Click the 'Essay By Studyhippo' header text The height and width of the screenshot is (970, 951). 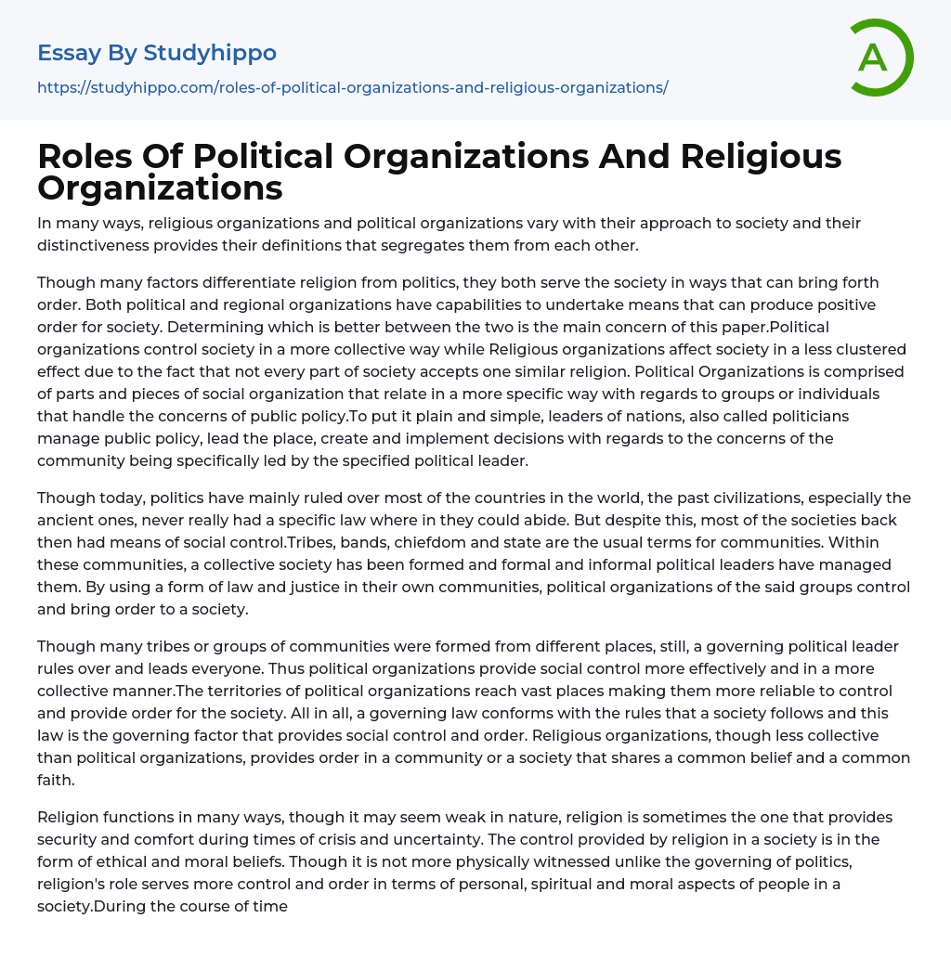click(x=157, y=53)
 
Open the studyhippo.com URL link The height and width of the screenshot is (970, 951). click(x=352, y=87)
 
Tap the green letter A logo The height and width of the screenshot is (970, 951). click(x=876, y=58)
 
